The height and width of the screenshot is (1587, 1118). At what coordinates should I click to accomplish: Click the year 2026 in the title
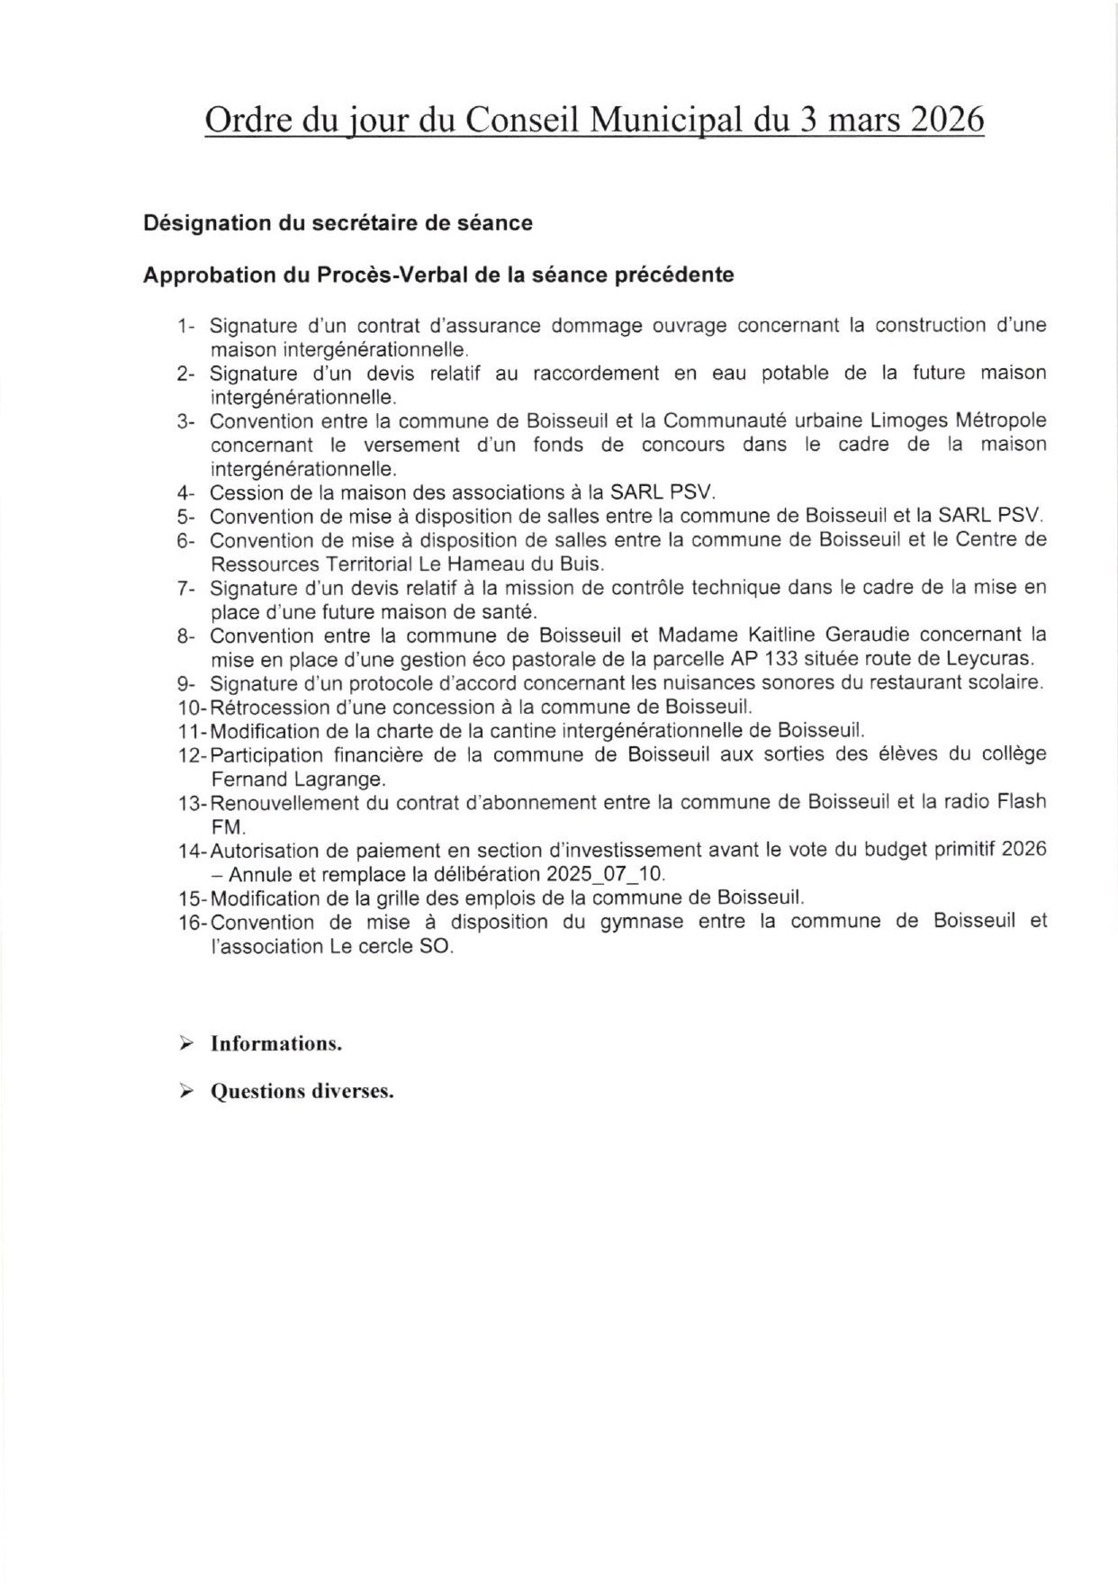948,120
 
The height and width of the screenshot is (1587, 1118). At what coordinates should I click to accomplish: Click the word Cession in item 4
240,493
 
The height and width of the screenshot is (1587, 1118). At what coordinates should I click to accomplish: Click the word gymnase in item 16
638,922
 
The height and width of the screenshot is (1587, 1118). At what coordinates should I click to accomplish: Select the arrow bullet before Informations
185,1043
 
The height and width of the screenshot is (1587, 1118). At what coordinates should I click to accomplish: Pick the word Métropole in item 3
1000,421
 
